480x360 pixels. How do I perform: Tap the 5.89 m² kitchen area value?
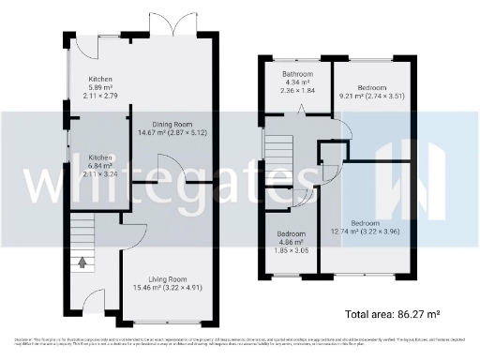(x=100, y=88)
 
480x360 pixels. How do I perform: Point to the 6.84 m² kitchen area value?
(x=100, y=166)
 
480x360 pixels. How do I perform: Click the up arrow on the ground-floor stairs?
(x=82, y=262)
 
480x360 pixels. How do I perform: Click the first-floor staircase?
(x=279, y=151)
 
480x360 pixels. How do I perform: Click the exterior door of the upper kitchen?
(x=88, y=42)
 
